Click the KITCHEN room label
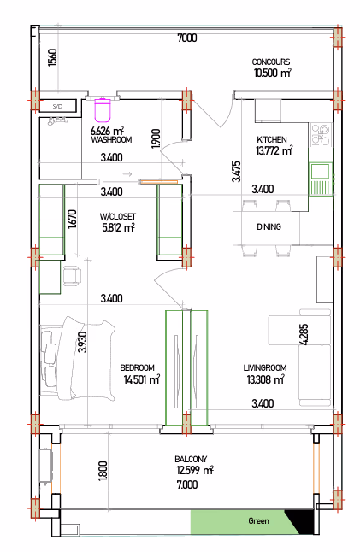(x=272, y=139)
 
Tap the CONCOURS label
(x=271, y=62)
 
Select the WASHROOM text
(x=111, y=140)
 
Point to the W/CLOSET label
(x=117, y=216)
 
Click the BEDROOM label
(x=137, y=368)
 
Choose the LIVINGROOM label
(x=265, y=368)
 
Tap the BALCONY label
(x=191, y=460)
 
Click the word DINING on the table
(x=269, y=226)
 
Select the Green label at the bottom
(x=258, y=521)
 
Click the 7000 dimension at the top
(x=187, y=38)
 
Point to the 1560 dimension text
(x=52, y=57)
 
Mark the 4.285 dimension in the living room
(x=304, y=334)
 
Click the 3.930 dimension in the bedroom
(x=82, y=342)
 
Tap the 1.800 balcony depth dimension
(x=103, y=471)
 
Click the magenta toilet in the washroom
(x=103, y=109)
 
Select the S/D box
(x=58, y=106)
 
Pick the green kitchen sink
(x=321, y=179)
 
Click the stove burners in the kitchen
(x=321, y=135)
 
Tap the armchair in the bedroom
(x=72, y=275)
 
